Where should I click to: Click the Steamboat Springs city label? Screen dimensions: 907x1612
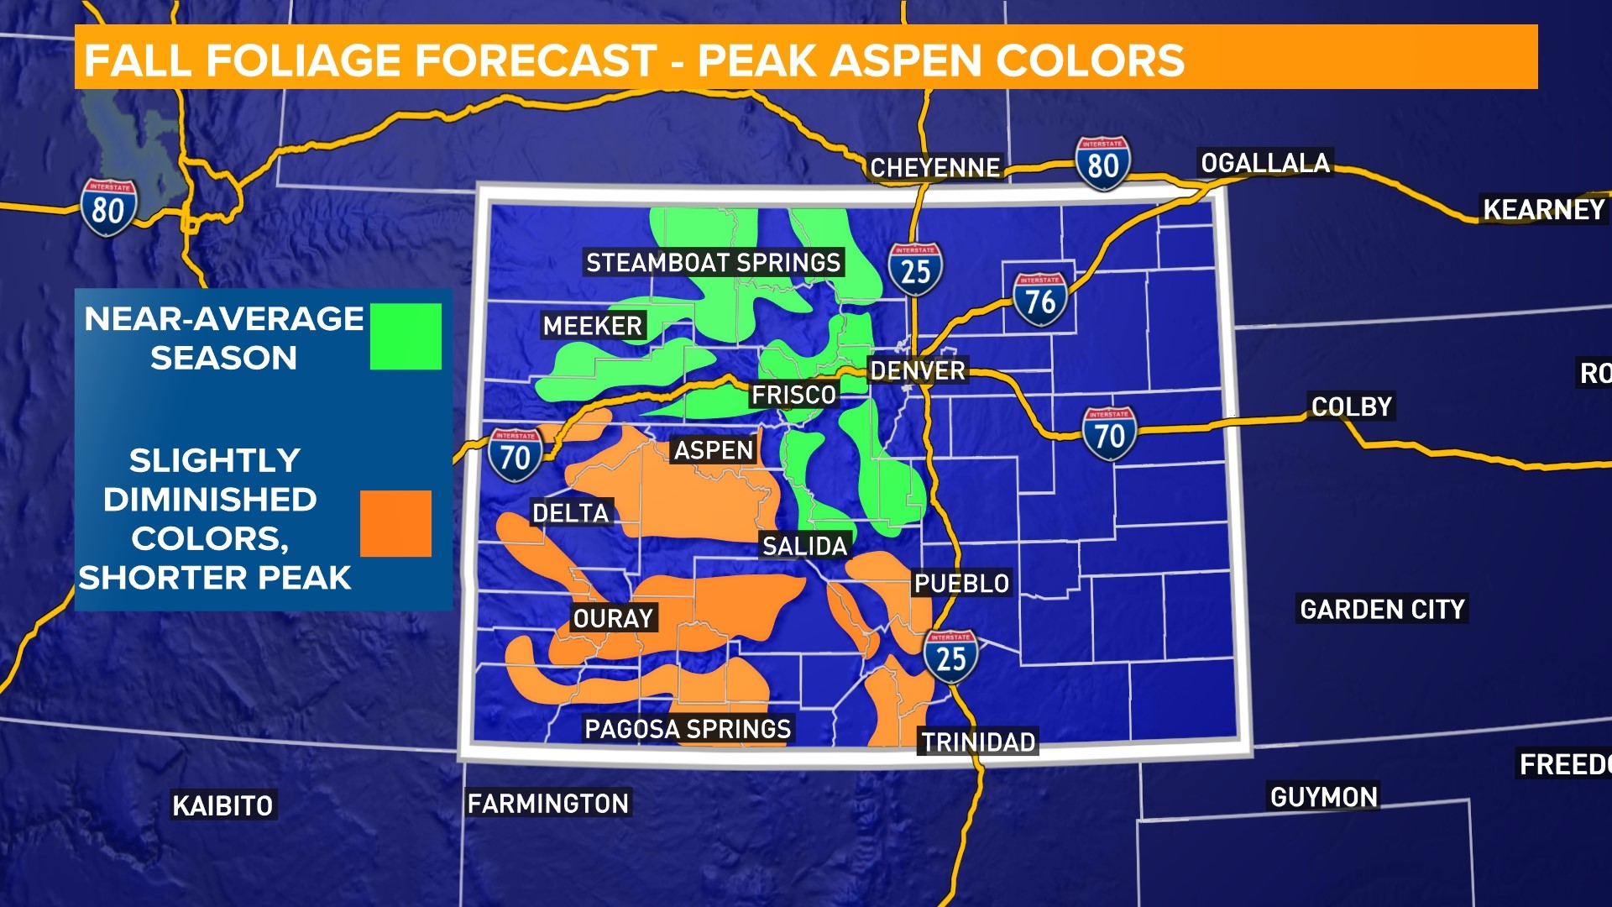(x=713, y=263)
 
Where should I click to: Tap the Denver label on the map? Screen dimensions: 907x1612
(x=918, y=370)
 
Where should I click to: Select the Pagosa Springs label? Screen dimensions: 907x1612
(x=688, y=728)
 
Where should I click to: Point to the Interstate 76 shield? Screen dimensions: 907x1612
(x=1040, y=300)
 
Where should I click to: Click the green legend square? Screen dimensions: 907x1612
(x=406, y=336)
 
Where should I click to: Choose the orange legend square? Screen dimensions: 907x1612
(x=395, y=523)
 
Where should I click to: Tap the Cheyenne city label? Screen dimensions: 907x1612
(x=934, y=168)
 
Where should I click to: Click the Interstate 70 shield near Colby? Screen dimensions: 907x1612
(x=1109, y=434)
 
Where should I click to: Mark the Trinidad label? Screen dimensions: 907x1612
(x=978, y=742)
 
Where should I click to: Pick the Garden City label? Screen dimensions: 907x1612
(x=1382, y=609)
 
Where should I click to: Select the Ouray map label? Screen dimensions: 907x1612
(x=613, y=618)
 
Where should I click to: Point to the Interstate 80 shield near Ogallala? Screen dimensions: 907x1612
(x=1102, y=164)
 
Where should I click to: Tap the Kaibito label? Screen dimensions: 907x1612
(x=222, y=805)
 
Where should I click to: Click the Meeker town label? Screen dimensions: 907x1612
(x=592, y=326)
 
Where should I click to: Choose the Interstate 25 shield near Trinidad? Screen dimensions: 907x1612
(x=950, y=657)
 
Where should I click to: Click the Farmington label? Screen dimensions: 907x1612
(x=547, y=804)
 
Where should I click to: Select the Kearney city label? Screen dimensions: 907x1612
(x=1543, y=209)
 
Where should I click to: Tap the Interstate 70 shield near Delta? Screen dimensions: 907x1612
(x=515, y=455)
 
